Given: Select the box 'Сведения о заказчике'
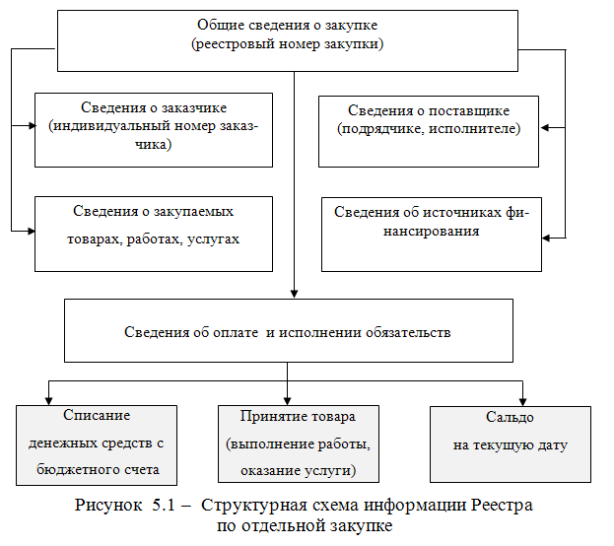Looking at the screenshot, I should [x=153, y=126].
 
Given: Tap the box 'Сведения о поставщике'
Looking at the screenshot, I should [x=428, y=130].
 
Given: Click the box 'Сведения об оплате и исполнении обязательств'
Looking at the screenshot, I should [x=287, y=331].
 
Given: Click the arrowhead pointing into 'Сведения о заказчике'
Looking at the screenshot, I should [x=29, y=126].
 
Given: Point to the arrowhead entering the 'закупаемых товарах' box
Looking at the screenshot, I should [x=29, y=230].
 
